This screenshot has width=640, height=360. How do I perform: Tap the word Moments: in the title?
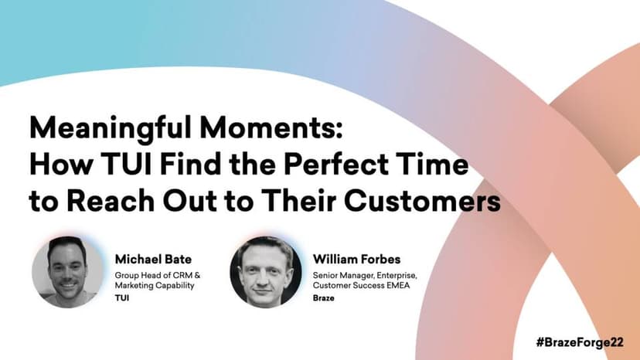271,127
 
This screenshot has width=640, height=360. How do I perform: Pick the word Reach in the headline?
111,200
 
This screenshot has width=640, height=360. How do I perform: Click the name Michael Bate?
153,259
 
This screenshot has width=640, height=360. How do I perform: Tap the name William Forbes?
357,259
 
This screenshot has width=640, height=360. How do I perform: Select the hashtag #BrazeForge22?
580,342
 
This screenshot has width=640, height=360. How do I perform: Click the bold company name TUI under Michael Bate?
121,298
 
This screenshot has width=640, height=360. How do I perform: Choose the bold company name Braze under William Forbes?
324,298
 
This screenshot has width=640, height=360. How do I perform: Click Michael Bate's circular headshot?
68,272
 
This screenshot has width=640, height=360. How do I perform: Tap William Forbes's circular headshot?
266,272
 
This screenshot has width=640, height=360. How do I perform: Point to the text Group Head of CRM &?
158,276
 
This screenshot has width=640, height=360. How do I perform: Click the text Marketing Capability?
155,285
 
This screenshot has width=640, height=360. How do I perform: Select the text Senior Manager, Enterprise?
365,276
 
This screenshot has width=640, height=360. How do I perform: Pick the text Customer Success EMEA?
361,285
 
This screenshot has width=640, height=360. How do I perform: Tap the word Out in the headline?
190,200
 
